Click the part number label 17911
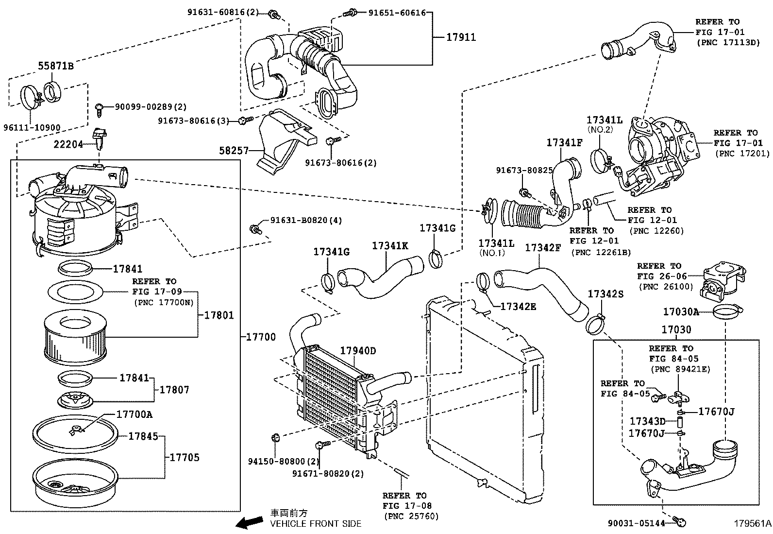(x=461, y=37)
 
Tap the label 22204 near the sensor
(x=68, y=144)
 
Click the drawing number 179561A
(x=752, y=523)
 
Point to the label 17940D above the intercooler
(x=358, y=351)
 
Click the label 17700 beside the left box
(x=261, y=337)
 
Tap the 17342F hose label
(x=543, y=248)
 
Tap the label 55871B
(x=56, y=66)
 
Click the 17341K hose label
(x=390, y=246)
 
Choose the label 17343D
(x=647, y=421)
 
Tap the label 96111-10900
(x=32, y=128)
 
